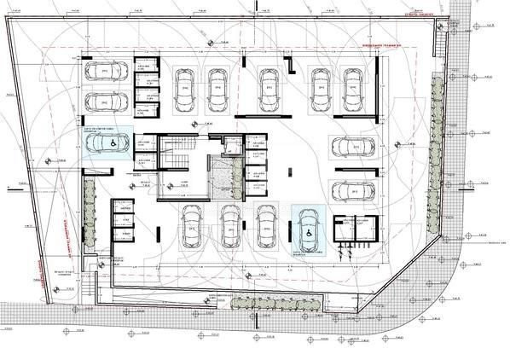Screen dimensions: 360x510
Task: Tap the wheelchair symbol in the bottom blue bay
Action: tap(307, 230)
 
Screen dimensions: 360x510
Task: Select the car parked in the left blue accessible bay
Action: tap(103, 144)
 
